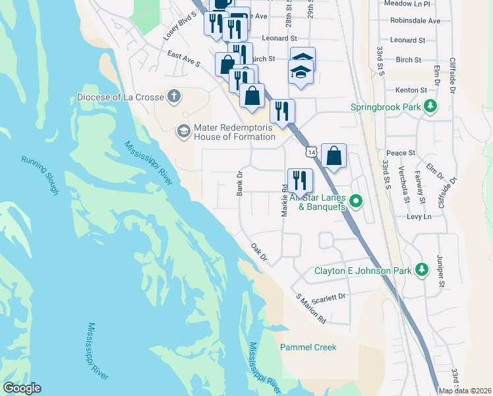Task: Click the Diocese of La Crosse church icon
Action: (173, 97)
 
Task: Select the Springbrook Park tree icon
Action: (430, 106)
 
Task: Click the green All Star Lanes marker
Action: (356, 201)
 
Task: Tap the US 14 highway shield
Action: (310, 152)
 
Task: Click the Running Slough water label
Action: (40, 176)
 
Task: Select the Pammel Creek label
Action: (308, 347)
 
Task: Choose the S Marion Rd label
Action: (311, 308)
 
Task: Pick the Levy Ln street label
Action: (419, 216)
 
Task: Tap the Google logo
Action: (22, 388)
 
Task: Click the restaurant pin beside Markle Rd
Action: (299, 180)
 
